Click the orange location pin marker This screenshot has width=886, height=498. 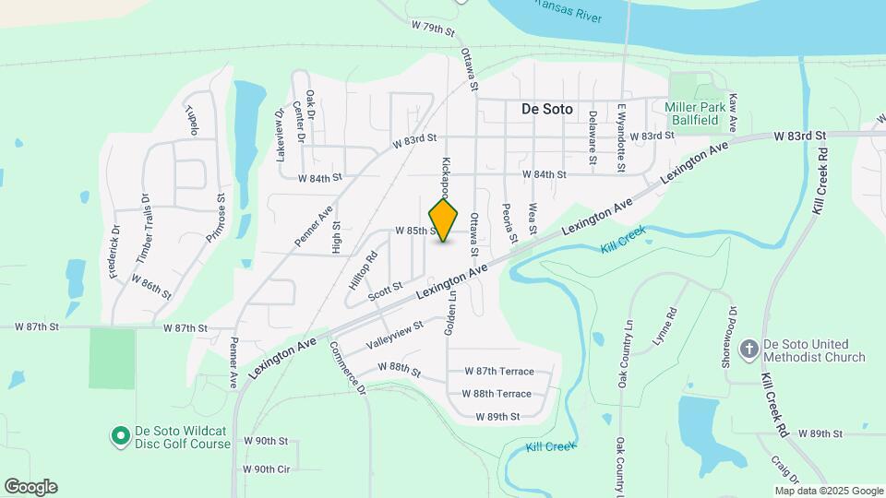click(x=444, y=219)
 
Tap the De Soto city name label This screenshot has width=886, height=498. click(x=546, y=109)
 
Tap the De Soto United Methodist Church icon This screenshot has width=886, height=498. click(x=749, y=350)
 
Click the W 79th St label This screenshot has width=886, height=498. click(x=434, y=29)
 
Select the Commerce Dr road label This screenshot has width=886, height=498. click(x=347, y=373)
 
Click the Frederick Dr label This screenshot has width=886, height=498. click(x=114, y=252)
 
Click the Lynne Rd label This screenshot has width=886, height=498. click(x=664, y=327)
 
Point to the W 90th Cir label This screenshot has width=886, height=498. click(x=267, y=468)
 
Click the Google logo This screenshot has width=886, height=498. click(x=30, y=487)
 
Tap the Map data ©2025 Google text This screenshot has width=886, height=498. click(x=829, y=491)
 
